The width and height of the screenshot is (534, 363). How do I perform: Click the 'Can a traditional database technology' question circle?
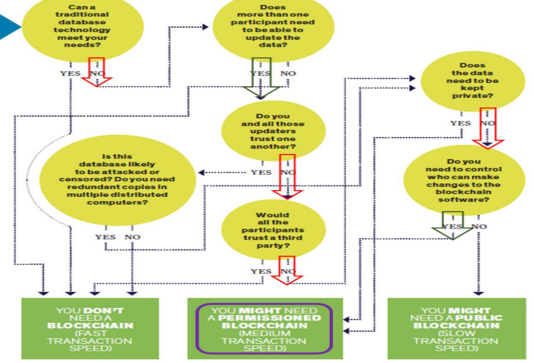(82, 27)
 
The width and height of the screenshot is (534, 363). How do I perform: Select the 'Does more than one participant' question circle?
(273, 27)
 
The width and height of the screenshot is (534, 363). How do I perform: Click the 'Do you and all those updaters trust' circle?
(273, 131)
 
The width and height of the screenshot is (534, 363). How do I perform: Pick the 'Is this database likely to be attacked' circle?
(117, 180)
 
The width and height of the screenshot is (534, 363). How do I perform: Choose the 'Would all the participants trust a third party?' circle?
(273, 230)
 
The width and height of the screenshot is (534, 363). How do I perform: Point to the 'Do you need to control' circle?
(463, 180)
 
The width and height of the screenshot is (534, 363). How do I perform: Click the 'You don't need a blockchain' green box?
(90, 328)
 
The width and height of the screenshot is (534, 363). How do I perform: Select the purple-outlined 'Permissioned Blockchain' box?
(264, 328)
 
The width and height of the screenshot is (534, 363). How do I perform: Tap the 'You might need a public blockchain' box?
(456, 328)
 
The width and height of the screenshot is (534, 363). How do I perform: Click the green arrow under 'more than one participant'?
(261, 79)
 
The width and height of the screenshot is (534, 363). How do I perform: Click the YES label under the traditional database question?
(70, 74)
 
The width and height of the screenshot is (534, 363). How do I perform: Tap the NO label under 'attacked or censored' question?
(132, 237)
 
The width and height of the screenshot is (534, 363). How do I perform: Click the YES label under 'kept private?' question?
(460, 123)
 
